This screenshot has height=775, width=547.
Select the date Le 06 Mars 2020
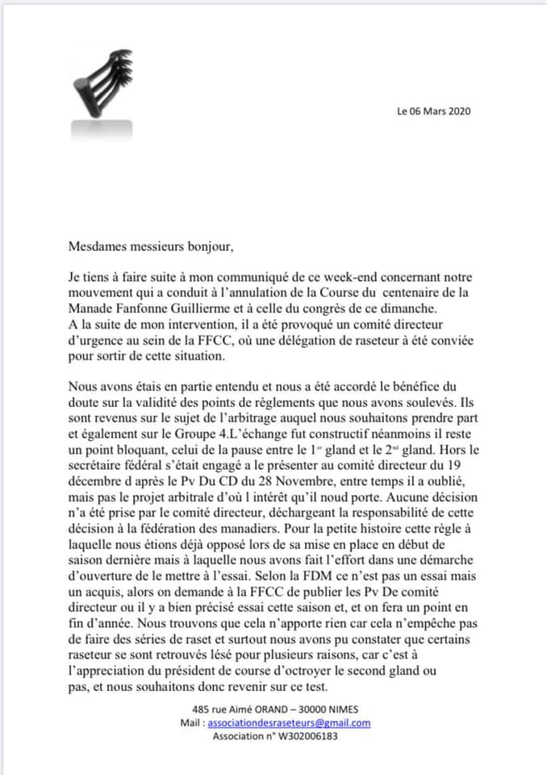(x=433, y=111)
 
